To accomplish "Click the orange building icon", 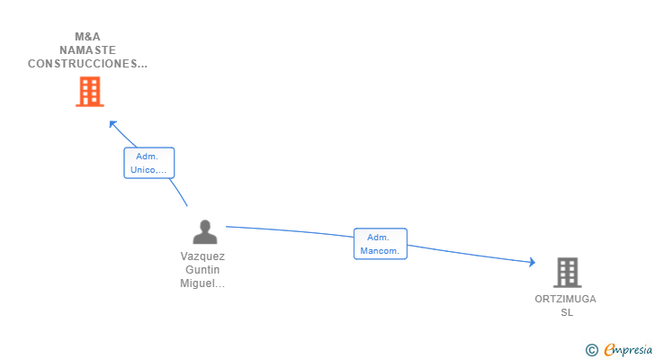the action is (90, 92).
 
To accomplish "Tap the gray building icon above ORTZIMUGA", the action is (567, 273).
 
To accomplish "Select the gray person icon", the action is (205, 232).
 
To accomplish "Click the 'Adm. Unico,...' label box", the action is (148, 163).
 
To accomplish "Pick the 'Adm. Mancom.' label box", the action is (380, 244).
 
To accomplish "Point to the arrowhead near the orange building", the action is (112, 124).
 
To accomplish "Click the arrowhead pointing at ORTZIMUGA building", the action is (533, 262).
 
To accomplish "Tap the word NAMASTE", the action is (88, 50).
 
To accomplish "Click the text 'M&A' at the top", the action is (88, 37).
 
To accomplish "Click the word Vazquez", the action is (202, 256).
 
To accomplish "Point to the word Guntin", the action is (202, 270).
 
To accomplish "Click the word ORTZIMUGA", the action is (566, 299).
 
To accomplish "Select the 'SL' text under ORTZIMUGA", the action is (567, 312).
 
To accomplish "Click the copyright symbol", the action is (591, 350).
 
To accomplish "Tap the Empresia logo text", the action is (628, 350).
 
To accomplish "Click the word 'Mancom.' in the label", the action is (380, 251).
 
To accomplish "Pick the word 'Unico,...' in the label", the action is (148, 170).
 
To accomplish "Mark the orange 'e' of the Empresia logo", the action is (610, 349).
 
